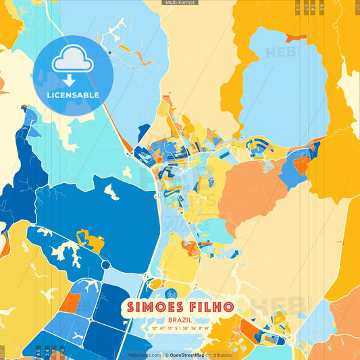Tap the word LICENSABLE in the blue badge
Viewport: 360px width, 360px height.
coord(73,95)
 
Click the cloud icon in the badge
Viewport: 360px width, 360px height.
coord(73,60)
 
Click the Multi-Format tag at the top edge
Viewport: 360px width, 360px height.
coord(180,3)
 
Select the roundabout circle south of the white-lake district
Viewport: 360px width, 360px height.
coord(105,264)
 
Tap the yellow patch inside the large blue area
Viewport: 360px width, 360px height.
coord(91,239)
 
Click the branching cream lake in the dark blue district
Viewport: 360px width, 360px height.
coord(61,253)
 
